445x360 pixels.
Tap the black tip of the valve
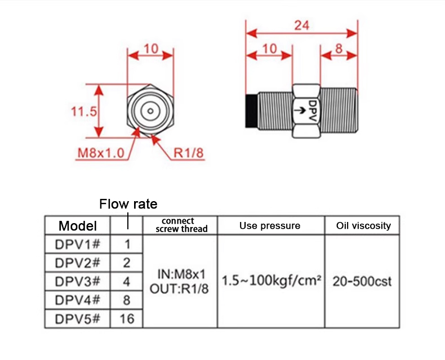(x=251, y=110)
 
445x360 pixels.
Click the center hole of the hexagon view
(x=150, y=110)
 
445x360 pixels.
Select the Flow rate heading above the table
(x=128, y=203)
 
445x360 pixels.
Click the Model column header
(x=78, y=226)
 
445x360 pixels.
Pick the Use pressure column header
(x=270, y=226)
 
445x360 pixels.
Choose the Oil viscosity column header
(x=363, y=225)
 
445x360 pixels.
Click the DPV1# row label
(x=78, y=245)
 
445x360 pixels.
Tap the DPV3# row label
(x=78, y=281)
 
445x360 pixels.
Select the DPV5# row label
(x=78, y=318)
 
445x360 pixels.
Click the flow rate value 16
(x=127, y=319)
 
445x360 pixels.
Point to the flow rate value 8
(x=127, y=300)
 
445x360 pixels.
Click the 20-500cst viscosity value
(x=362, y=281)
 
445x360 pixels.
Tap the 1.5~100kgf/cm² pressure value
(x=271, y=281)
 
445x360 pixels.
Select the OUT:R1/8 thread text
(x=179, y=288)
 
